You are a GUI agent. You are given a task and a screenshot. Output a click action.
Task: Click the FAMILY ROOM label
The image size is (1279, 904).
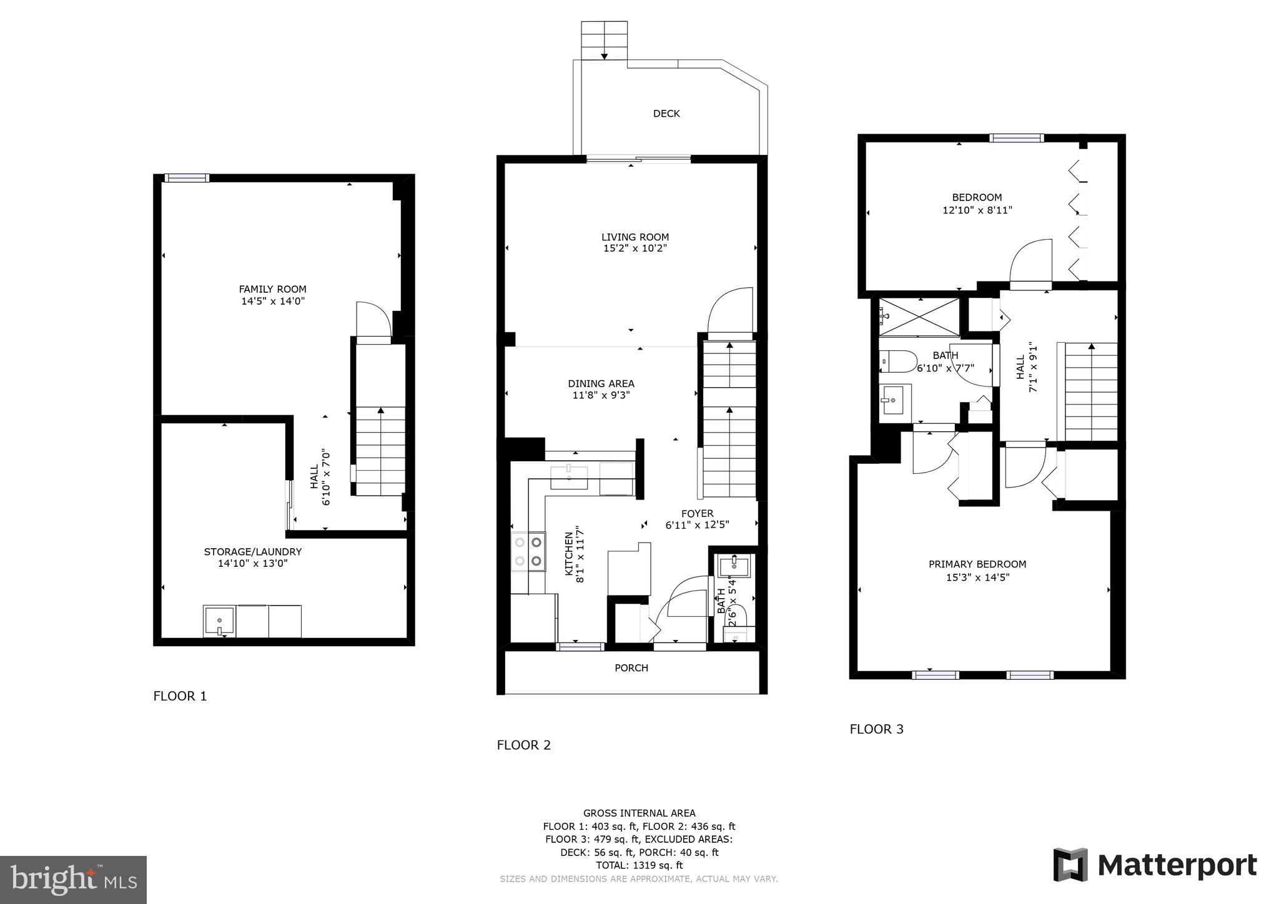click(x=272, y=289)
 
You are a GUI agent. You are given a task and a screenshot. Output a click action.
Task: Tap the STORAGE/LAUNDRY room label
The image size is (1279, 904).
click(x=252, y=552)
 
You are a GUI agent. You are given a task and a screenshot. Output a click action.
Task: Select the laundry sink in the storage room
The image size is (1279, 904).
click(x=219, y=621)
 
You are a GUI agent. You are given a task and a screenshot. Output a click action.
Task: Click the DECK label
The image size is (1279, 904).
click(x=666, y=114)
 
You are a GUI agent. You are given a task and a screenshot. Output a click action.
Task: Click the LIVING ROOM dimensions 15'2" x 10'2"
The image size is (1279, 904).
click(x=635, y=248)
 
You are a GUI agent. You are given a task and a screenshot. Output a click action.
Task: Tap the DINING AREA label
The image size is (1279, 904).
click(x=601, y=383)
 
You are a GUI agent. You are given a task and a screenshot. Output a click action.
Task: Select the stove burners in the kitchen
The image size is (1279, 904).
click(x=528, y=552)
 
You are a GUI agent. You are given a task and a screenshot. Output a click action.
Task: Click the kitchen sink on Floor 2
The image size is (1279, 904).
click(x=569, y=476)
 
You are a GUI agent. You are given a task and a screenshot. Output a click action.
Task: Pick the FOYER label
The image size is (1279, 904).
click(x=697, y=514)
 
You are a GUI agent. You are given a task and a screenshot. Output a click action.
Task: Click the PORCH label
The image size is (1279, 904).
click(x=631, y=668)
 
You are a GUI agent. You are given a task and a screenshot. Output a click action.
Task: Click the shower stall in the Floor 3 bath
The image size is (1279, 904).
click(x=919, y=317)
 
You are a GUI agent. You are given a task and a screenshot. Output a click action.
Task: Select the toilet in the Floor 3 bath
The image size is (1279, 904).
click(x=897, y=361)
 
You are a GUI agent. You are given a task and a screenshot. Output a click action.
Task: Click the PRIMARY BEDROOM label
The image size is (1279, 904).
click(x=977, y=564)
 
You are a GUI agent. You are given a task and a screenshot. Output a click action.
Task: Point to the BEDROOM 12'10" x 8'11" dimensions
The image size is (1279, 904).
click(x=977, y=211)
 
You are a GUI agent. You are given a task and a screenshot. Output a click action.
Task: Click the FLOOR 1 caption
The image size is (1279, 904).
click(x=180, y=696)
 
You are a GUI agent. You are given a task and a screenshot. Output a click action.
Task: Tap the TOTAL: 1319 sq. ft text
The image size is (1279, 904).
click(x=639, y=865)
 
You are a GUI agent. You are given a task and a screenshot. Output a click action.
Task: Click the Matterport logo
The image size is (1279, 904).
click(x=1155, y=865)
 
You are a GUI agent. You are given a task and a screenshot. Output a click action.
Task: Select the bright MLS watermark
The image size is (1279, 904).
click(x=74, y=880)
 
